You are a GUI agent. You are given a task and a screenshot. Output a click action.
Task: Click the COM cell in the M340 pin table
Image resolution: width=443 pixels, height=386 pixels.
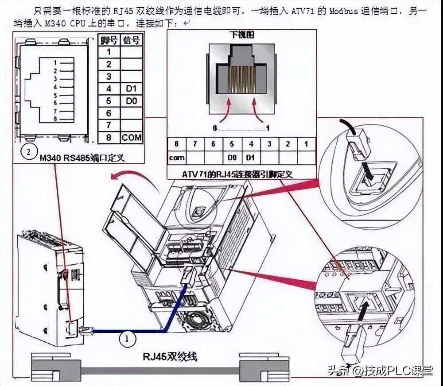coord(132,138)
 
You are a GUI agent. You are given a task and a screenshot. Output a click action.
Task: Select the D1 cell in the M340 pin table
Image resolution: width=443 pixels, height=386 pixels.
coord(131,89)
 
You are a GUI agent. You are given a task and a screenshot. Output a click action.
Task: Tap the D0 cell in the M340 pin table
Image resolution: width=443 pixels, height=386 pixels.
coord(131,101)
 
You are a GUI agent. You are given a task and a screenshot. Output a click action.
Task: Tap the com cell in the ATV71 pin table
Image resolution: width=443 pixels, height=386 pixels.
coord(177,157)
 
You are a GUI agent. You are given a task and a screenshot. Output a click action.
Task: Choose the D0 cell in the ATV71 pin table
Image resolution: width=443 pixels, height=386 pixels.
coord(232,157)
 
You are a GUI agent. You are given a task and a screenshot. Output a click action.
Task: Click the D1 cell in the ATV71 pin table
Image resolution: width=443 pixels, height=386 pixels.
coord(251,157)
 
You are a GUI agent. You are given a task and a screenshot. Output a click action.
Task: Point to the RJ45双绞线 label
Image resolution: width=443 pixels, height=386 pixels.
coord(170,356)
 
